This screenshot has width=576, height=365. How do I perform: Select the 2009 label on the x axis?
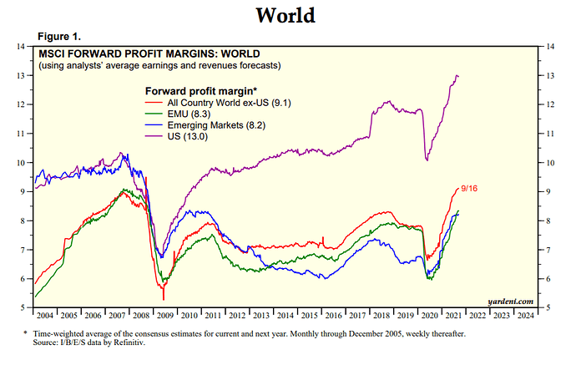[x=164, y=317]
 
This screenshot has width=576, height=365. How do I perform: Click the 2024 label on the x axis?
[x=525, y=317]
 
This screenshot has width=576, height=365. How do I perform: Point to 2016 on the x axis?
[x=333, y=317]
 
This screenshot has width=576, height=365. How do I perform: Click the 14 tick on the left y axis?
[x=20, y=47]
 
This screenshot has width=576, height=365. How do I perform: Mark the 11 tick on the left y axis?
[x=20, y=134]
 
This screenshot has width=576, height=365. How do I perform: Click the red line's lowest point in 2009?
[x=164, y=299]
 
